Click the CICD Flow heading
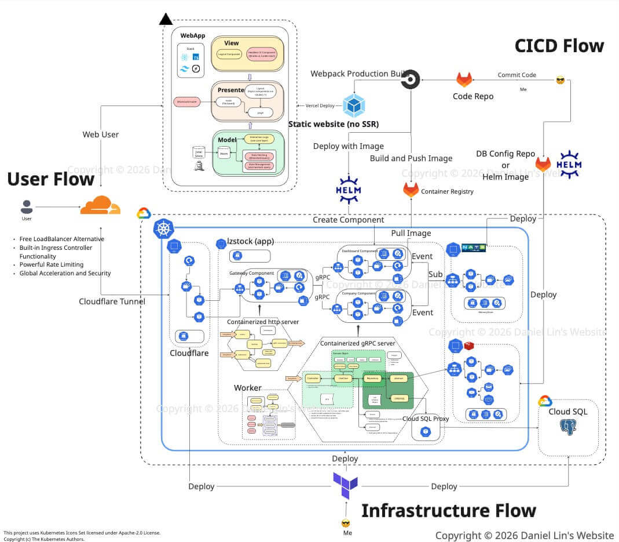click(x=559, y=46)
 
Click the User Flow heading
click(x=51, y=179)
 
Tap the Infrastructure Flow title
click(x=448, y=511)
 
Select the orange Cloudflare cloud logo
click(x=100, y=206)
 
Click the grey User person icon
click(x=27, y=207)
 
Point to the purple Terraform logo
click(x=345, y=485)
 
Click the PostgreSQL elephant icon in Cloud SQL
click(x=569, y=428)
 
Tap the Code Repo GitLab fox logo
click(x=464, y=79)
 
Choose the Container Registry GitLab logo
click(x=411, y=190)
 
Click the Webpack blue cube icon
click(x=353, y=106)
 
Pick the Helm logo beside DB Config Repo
click(x=568, y=164)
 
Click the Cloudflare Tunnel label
click(x=112, y=301)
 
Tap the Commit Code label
click(x=517, y=75)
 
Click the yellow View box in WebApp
click(x=247, y=53)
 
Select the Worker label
click(x=247, y=387)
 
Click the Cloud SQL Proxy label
click(x=426, y=418)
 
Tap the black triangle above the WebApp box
click(x=166, y=20)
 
